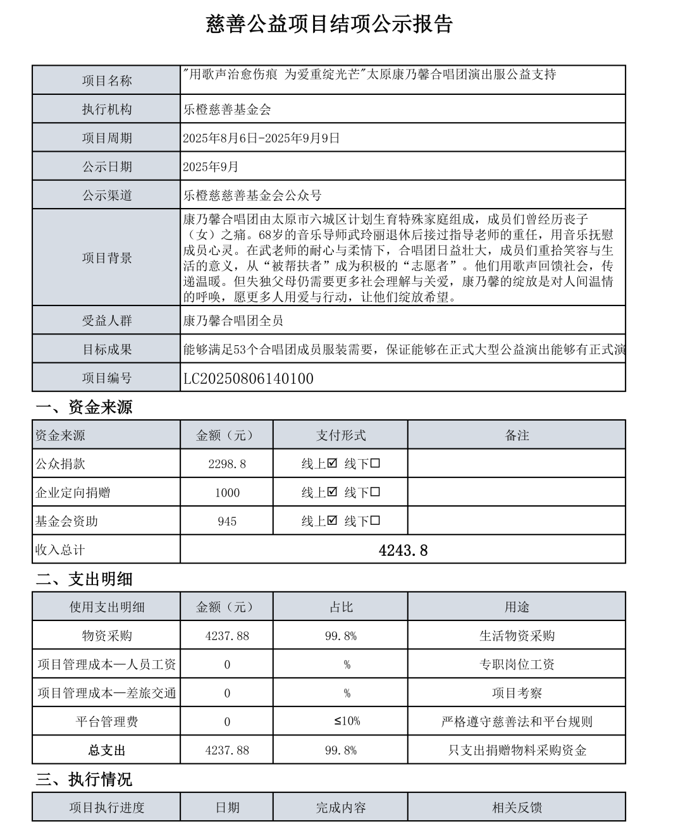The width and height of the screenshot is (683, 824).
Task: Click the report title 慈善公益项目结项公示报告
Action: point(329,24)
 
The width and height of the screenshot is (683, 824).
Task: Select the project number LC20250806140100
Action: point(249,379)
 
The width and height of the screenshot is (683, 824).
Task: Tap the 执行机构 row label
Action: point(107,109)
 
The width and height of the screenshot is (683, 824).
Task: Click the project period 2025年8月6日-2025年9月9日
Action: point(261,138)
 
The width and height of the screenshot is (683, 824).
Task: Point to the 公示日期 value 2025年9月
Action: point(211,167)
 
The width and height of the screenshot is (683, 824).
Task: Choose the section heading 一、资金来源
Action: point(84,407)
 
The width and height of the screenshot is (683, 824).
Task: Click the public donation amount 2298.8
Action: point(227,464)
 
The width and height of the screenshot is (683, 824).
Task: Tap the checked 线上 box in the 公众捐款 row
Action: point(333,464)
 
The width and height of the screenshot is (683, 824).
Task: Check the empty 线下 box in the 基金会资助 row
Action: point(376,521)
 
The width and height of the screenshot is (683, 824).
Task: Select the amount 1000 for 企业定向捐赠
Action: point(227,493)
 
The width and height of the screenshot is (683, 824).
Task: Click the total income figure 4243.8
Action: point(403,550)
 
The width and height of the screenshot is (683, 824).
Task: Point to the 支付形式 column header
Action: point(341,435)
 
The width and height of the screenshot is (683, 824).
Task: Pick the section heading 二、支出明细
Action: point(84,579)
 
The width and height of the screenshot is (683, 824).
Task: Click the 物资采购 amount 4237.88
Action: point(227,636)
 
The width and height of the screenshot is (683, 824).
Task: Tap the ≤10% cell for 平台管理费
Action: point(347,722)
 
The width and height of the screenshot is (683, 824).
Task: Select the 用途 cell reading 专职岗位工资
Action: point(517,665)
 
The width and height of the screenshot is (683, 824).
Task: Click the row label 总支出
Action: point(107,751)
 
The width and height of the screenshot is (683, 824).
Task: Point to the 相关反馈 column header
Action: point(517,808)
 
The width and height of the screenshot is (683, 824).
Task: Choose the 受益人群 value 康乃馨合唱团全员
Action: point(233,321)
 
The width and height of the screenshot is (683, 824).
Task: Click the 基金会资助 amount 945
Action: point(227,522)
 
